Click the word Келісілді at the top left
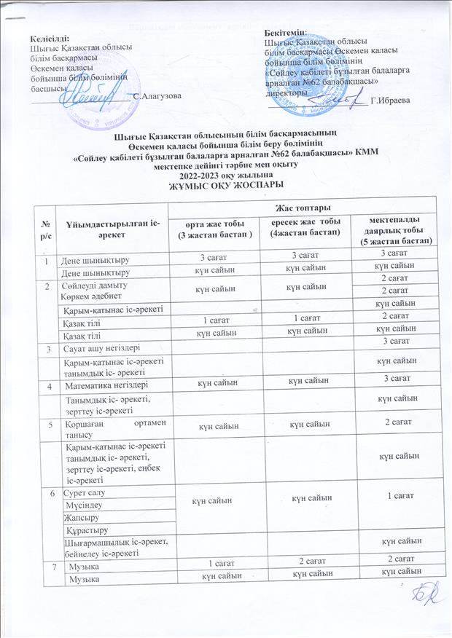[47, 37]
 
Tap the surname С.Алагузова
[154, 95]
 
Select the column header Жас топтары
[300, 209]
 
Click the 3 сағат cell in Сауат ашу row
[391, 342]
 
